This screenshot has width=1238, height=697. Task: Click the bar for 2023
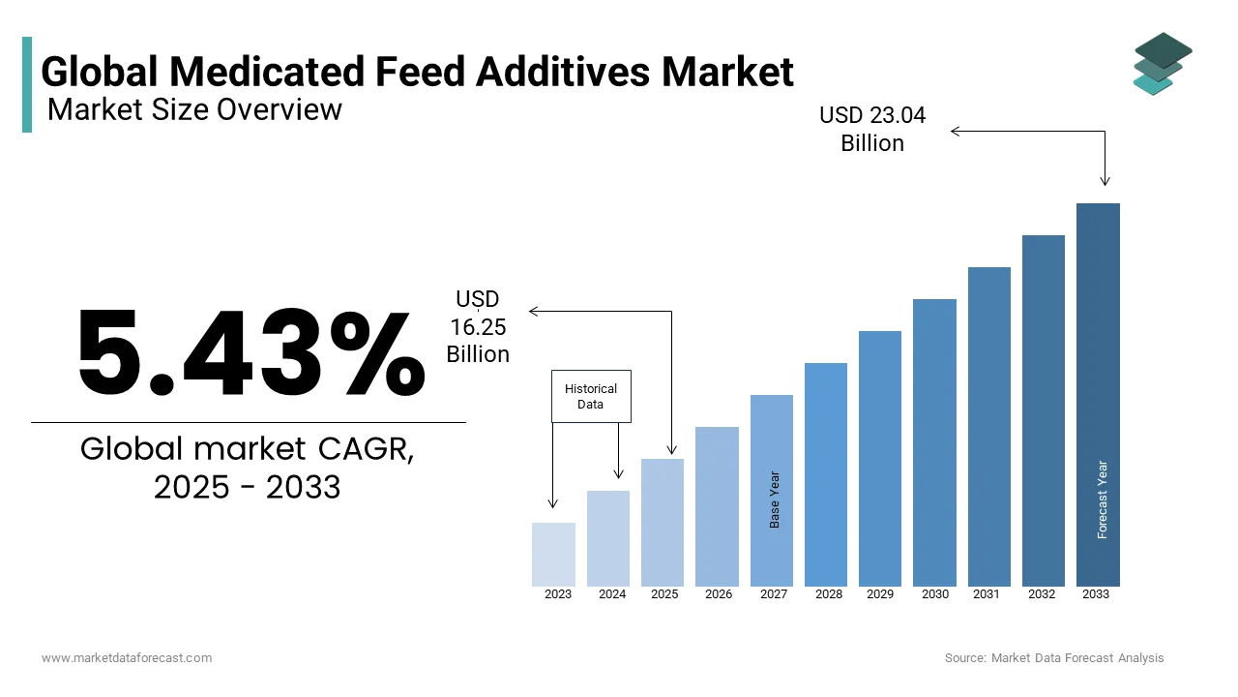click(x=553, y=554)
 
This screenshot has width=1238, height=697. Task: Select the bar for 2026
click(x=717, y=506)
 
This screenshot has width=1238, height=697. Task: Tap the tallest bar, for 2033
click(x=1098, y=394)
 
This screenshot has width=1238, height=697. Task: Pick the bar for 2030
click(x=934, y=442)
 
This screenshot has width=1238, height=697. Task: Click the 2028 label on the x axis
click(x=829, y=594)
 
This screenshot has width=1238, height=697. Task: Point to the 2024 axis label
click(x=612, y=594)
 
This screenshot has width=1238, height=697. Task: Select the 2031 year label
click(x=987, y=594)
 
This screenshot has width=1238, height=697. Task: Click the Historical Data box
click(x=591, y=396)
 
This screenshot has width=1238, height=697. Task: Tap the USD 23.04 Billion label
click(x=872, y=130)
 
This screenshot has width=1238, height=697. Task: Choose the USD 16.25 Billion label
click(x=478, y=327)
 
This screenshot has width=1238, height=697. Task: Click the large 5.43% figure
click(x=251, y=353)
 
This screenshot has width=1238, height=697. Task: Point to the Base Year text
click(x=775, y=500)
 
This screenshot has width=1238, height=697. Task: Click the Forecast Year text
click(x=1102, y=500)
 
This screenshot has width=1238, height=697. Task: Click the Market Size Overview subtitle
click(x=194, y=109)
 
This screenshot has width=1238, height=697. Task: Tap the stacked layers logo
click(x=1162, y=63)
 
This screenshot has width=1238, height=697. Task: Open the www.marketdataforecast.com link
click(x=127, y=658)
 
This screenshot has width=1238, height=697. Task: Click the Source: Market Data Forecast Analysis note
click(x=1054, y=658)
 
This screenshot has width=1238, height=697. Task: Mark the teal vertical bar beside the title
click(x=27, y=84)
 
